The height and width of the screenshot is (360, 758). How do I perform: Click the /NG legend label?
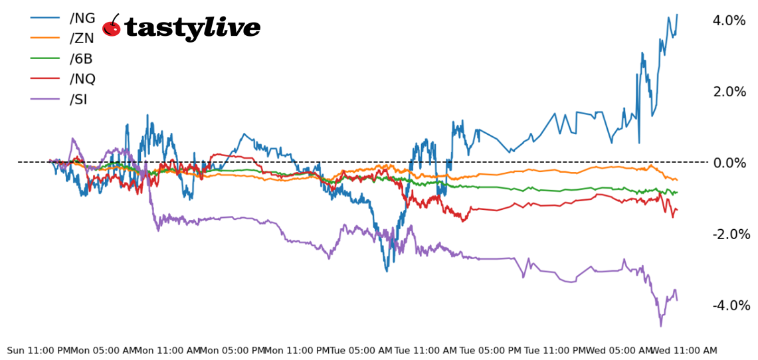click(x=82, y=18)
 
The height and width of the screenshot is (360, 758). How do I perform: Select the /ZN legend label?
click(x=82, y=39)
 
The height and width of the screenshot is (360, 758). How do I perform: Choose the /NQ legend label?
click(x=82, y=79)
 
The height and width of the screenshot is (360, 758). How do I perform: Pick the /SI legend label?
click(x=78, y=100)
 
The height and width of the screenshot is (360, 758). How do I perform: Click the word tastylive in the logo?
click(x=192, y=28)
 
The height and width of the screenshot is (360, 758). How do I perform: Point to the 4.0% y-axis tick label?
click(x=729, y=21)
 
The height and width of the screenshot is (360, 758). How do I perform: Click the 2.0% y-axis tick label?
click(x=729, y=92)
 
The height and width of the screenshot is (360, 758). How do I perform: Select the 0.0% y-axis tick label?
click(x=729, y=163)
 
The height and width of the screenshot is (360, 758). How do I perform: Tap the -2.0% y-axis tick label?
click(x=731, y=234)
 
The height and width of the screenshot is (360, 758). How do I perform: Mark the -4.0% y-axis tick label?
click(x=731, y=306)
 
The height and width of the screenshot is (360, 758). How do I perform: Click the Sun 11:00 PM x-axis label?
click(x=39, y=350)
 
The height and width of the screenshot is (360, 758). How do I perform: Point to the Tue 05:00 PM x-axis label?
click(x=490, y=350)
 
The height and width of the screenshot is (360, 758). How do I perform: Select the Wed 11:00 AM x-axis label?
click(x=684, y=350)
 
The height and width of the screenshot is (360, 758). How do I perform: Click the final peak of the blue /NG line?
click(x=677, y=15)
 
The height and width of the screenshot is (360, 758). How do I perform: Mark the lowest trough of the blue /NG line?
click(x=387, y=270)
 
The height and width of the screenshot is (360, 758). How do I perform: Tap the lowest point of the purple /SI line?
click(x=660, y=325)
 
